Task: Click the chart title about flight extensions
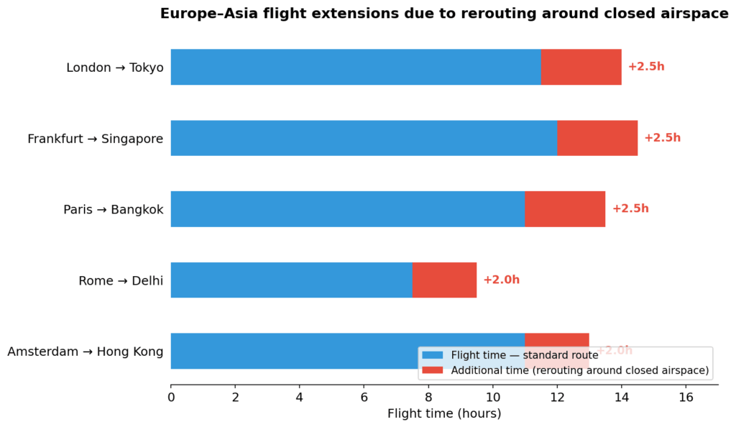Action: tap(443, 14)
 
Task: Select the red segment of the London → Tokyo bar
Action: tap(581, 67)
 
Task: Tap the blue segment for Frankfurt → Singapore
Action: tap(364, 138)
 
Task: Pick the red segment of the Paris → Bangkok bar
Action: tap(564, 209)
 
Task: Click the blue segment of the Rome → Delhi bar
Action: tap(291, 280)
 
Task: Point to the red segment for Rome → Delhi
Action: tap(444, 280)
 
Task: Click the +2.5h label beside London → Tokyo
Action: tap(646, 67)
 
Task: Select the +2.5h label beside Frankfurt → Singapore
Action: tap(662, 138)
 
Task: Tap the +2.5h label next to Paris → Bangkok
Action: tap(630, 209)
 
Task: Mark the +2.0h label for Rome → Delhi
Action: tap(501, 280)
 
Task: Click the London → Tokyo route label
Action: tap(115, 68)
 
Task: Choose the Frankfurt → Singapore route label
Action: tap(96, 139)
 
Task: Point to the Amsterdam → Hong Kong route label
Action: tap(86, 352)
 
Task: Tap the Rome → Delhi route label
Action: tap(121, 281)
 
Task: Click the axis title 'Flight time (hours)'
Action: tap(444, 414)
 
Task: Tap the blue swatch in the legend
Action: tap(433, 355)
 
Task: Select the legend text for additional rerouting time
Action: tap(580, 371)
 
